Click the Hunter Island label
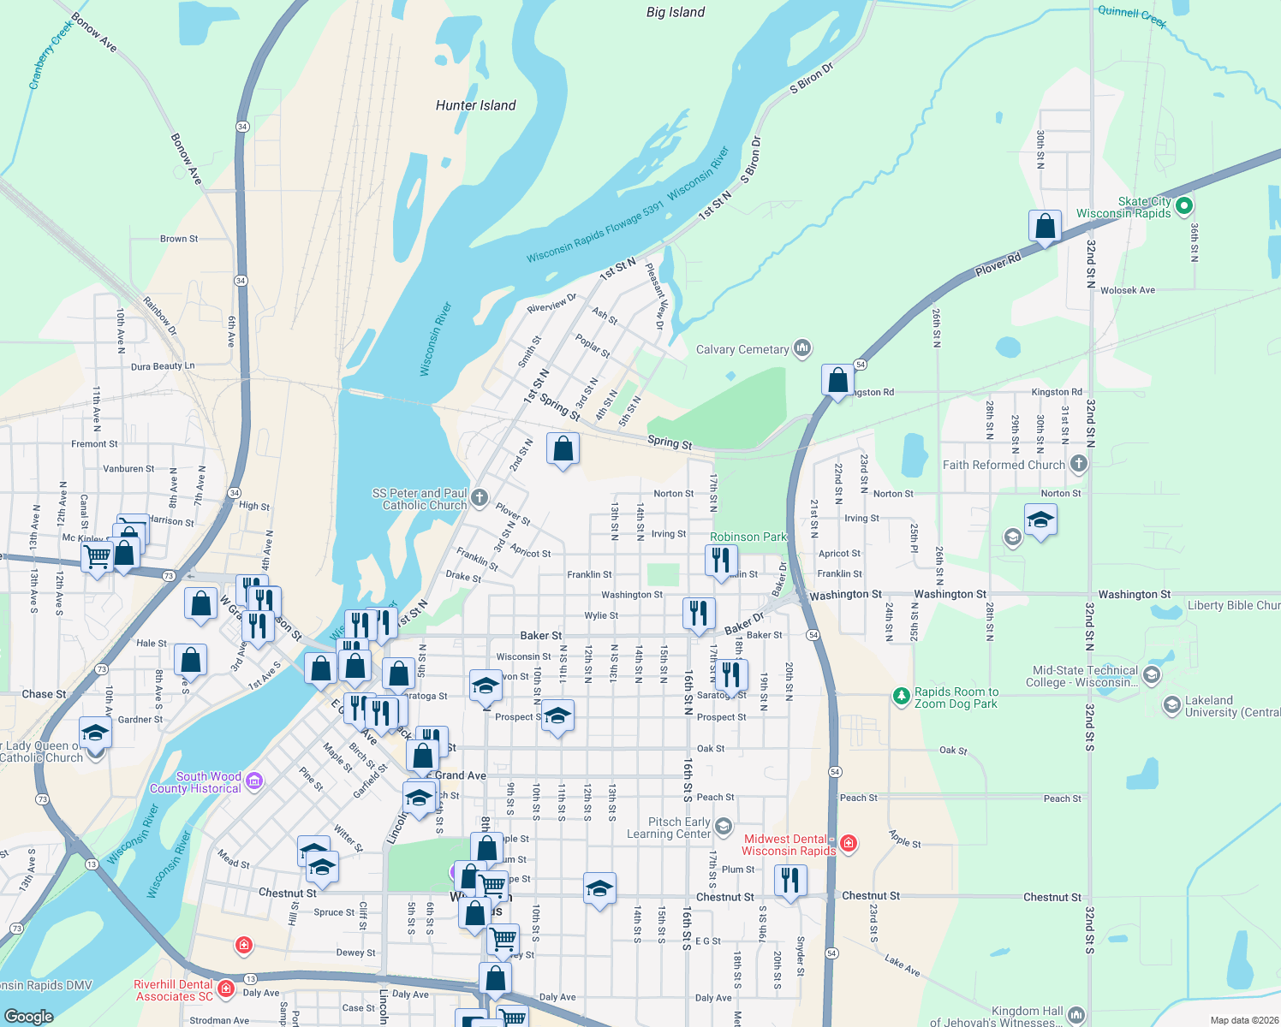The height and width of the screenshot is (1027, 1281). [475, 105]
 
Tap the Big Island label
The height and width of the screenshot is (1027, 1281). [676, 12]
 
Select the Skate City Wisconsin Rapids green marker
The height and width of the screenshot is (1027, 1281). [1184, 205]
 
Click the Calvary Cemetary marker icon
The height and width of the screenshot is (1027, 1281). [802, 347]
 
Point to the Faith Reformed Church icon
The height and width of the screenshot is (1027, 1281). [1079, 464]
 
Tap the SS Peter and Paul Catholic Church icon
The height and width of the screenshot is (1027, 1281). [480, 497]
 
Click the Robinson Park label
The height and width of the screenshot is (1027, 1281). [748, 537]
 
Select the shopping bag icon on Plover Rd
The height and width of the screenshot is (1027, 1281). [1045, 227]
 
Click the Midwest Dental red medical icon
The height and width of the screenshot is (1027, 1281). [849, 843]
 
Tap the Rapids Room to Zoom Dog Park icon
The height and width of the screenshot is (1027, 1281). [901, 697]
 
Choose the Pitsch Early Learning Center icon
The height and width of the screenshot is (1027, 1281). [724, 826]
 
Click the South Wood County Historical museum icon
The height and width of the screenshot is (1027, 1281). [254, 781]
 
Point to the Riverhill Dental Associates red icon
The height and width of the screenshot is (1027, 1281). [226, 989]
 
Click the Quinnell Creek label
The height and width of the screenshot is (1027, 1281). [1132, 15]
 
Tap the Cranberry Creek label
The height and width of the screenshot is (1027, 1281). [51, 56]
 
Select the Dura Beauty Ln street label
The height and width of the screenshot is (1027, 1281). [163, 366]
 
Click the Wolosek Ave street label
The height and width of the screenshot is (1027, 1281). [1128, 290]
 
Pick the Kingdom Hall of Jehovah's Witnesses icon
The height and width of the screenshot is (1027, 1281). [1076, 1015]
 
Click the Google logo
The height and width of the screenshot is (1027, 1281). [29, 1016]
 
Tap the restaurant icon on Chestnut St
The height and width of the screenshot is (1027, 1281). [790, 881]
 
